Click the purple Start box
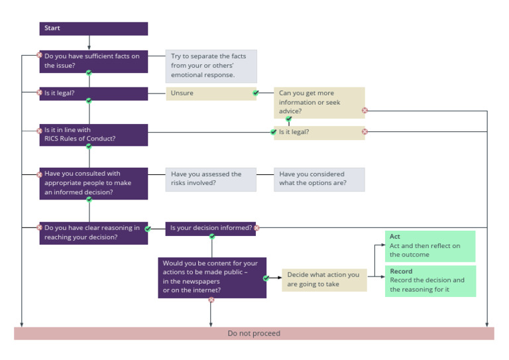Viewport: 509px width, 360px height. point(93,29)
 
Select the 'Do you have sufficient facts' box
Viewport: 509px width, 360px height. point(93,61)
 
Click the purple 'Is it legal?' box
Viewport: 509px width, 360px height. point(93,93)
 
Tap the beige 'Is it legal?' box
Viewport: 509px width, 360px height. point(319,133)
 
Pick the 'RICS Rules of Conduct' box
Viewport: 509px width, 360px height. point(93,135)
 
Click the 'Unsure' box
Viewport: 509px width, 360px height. point(211,93)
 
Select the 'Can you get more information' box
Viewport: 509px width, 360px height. point(319,103)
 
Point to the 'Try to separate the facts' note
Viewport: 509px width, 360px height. point(211,66)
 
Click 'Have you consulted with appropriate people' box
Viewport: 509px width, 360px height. point(93,183)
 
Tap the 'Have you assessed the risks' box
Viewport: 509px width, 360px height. point(211,179)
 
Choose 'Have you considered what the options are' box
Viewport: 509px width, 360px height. point(319,179)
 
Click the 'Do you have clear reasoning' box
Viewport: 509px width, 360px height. point(93,233)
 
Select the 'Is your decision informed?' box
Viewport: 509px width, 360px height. point(211,228)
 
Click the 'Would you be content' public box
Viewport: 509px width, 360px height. point(212,277)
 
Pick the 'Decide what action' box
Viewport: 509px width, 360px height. point(324,279)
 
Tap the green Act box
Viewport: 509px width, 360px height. point(430,246)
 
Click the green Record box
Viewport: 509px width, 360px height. point(430,280)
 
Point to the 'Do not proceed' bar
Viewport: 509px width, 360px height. point(254,333)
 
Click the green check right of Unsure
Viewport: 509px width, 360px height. point(256,93)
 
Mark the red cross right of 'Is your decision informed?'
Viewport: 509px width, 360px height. point(256,228)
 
